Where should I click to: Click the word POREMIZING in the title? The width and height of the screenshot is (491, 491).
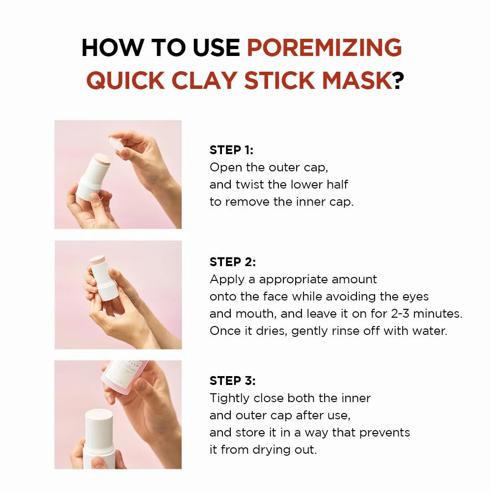tap(324, 48)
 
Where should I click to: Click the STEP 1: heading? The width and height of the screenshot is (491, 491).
tap(232, 150)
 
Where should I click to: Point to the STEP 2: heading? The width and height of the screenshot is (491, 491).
tap(233, 262)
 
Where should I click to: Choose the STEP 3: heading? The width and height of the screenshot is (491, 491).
tap(233, 381)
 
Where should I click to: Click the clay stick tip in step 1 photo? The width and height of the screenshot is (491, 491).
tap(102, 158)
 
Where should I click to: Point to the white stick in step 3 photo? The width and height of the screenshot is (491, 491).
tap(99, 437)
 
